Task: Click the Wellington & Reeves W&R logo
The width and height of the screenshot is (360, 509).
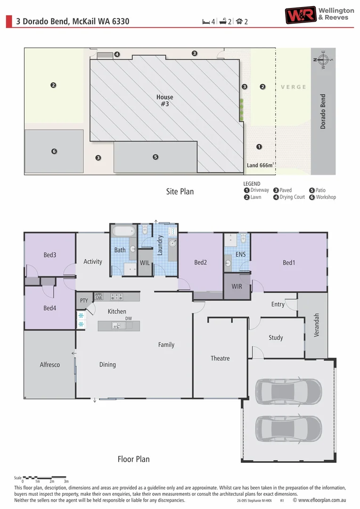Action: [x=300, y=15]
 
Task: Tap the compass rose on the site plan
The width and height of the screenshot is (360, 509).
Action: [x=323, y=59]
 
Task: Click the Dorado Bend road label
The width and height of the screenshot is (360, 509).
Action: [x=323, y=112]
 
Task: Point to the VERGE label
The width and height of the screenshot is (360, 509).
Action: [x=293, y=87]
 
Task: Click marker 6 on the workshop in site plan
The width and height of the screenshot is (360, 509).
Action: [x=54, y=151]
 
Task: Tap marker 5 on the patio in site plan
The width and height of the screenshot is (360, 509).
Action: [x=155, y=157]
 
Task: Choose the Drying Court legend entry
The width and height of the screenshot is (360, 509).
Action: [x=289, y=197]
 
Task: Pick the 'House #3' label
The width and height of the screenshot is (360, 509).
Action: [x=164, y=100]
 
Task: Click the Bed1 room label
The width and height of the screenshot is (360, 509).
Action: [x=288, y=263]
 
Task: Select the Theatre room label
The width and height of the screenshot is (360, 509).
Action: [x=220, y=358]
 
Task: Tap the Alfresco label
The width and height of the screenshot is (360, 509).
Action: [x=49, y=364]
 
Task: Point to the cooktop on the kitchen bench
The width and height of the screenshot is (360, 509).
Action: [x=116, y=297]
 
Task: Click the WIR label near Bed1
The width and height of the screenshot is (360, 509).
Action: [x=237, y=286]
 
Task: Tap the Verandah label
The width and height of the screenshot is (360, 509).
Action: [x=317, y=325]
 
